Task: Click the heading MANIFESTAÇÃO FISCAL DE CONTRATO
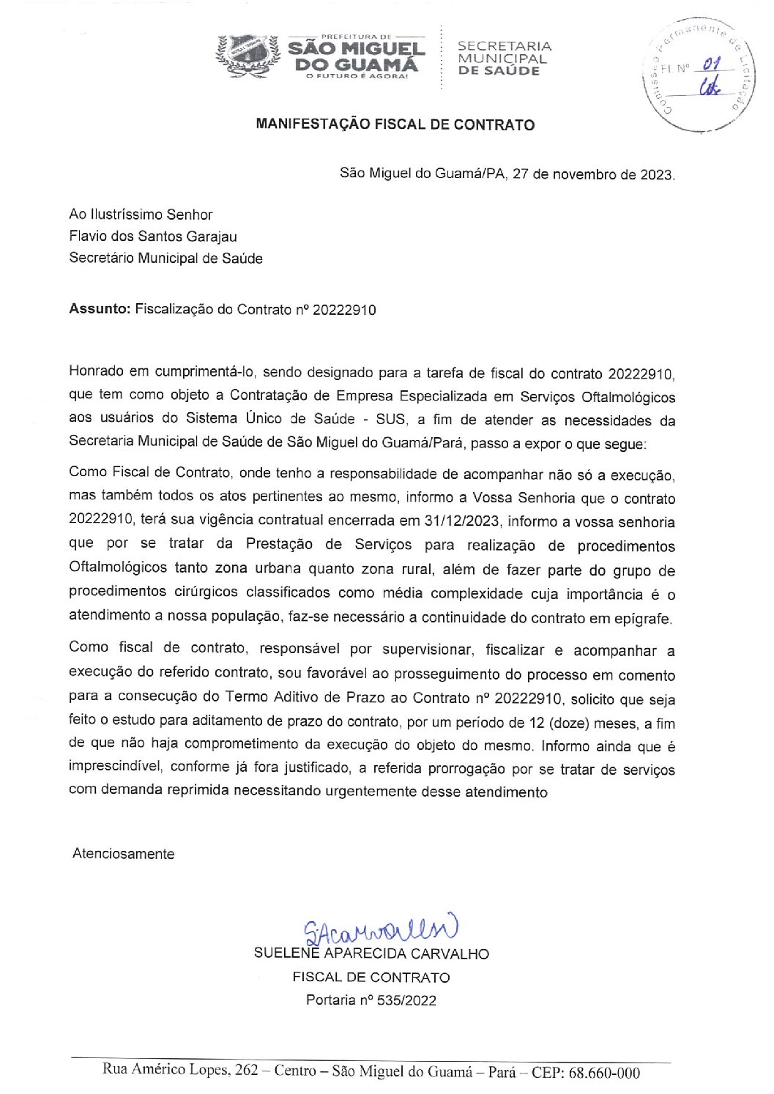tap(395, 124)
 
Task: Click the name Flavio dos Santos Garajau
tap(152, 237)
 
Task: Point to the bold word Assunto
tap(99, 309)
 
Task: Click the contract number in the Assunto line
tap(344, 310)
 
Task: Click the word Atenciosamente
tap(123, 854)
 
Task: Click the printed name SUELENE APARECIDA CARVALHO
tap(371, 953)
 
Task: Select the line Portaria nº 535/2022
tap(371, 1000)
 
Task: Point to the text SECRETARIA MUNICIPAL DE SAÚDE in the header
tap(504, 59)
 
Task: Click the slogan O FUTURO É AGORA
tap(357, 77)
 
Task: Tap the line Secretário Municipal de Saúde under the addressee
tap(165, 258)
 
